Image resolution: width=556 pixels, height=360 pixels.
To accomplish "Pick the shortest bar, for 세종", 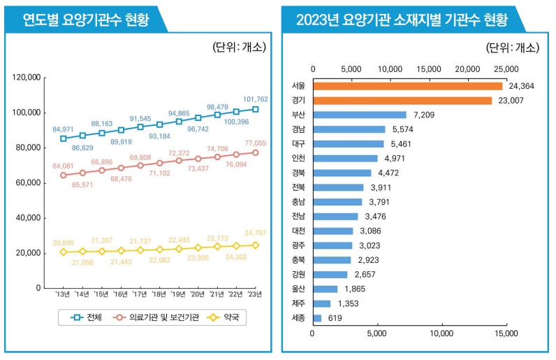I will point(317,318).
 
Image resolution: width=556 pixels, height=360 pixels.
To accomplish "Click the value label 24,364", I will point(522,86).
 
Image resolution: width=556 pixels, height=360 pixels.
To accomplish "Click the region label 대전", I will point(298,231).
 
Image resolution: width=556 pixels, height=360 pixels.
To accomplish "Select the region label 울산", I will point(298,289).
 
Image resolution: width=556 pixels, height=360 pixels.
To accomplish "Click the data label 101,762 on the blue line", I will point(256,99).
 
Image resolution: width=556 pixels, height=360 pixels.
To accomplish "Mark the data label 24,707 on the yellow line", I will point(256,233).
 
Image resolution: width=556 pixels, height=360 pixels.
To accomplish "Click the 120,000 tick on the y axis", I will point(27,77).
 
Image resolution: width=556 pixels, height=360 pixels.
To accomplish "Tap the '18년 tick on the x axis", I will point(159,295).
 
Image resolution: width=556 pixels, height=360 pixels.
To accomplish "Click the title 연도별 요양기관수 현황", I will point(82,20).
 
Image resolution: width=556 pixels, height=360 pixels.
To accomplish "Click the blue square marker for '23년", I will point(256,109).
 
